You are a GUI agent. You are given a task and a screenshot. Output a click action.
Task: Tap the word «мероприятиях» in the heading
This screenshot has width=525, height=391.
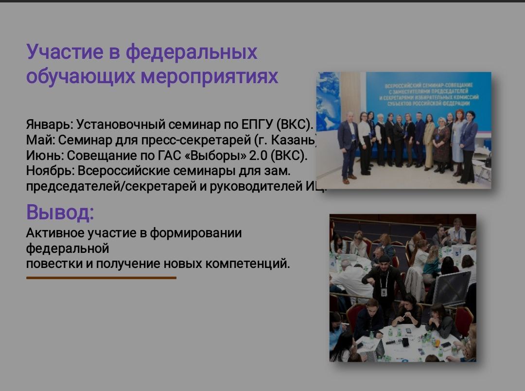coord(210,76)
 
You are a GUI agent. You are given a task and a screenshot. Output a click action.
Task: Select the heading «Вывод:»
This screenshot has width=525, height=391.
coord(60,212)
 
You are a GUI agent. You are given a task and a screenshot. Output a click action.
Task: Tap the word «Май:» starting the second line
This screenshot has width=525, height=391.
coord(41,140)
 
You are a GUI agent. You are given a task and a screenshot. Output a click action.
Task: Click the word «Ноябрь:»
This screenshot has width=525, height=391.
coord(50,171)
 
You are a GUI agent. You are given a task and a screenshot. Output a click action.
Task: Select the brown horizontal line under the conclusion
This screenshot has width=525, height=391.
coord(101,278)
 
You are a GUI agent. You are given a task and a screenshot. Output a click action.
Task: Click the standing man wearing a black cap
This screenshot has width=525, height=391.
coord(384,282)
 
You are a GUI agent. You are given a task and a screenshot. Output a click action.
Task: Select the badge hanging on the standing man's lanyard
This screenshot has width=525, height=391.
coord(384,292)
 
